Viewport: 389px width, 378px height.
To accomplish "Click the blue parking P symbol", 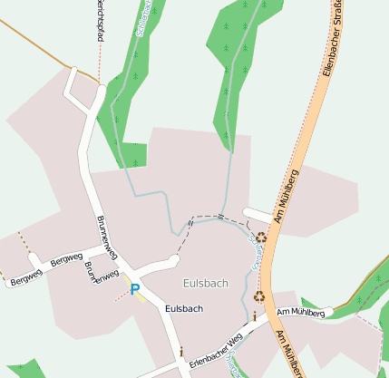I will point(135,290).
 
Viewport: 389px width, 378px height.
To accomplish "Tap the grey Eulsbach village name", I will point(206,283).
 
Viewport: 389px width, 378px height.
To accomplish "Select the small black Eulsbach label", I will point(184,308).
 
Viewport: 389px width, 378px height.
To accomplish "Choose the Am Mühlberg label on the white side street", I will point(301,313).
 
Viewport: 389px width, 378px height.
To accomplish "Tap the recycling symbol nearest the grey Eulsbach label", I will point(259,296).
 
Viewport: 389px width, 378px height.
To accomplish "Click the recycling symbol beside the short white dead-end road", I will point(261,237).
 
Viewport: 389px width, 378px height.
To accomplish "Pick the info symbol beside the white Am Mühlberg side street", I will point(255,316).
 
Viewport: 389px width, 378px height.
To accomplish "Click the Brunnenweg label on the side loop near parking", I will point(102,275).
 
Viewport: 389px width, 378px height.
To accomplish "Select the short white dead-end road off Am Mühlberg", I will point(257,216).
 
